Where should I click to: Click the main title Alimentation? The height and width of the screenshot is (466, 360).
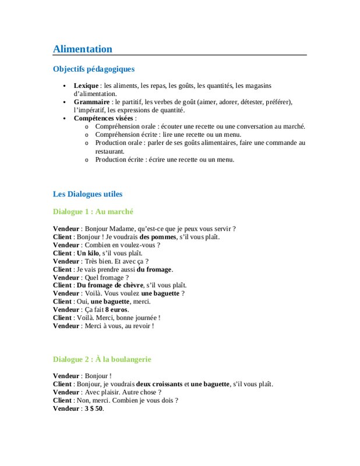point(82,49)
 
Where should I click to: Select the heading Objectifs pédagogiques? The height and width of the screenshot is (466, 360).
point(93,69)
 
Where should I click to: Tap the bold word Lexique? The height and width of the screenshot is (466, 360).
point(86,86)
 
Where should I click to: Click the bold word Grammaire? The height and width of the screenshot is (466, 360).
point(92,102)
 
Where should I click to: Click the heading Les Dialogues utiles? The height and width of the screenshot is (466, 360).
point(87,194)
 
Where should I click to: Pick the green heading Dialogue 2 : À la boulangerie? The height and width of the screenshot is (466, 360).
point(102,359)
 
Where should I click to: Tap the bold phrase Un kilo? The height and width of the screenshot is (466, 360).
point(87,253)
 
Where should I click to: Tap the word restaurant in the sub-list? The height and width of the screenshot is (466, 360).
point(110,151)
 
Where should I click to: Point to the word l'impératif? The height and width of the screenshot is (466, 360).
point(90,110)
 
